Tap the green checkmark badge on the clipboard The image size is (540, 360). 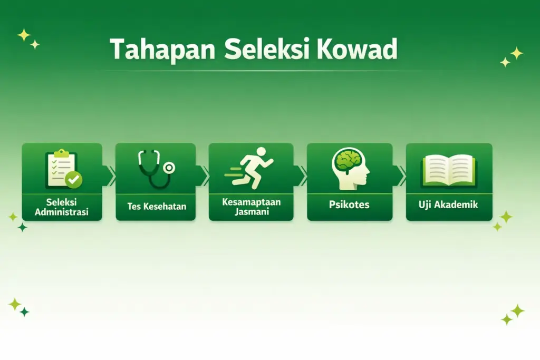click(74, 180)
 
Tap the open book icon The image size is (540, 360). click(449, 170)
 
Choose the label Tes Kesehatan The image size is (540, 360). click(157, 206)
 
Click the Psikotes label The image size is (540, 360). click(349, 205)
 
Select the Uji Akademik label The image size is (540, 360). click(449, 205)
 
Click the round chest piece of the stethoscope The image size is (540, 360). click(169, 168)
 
